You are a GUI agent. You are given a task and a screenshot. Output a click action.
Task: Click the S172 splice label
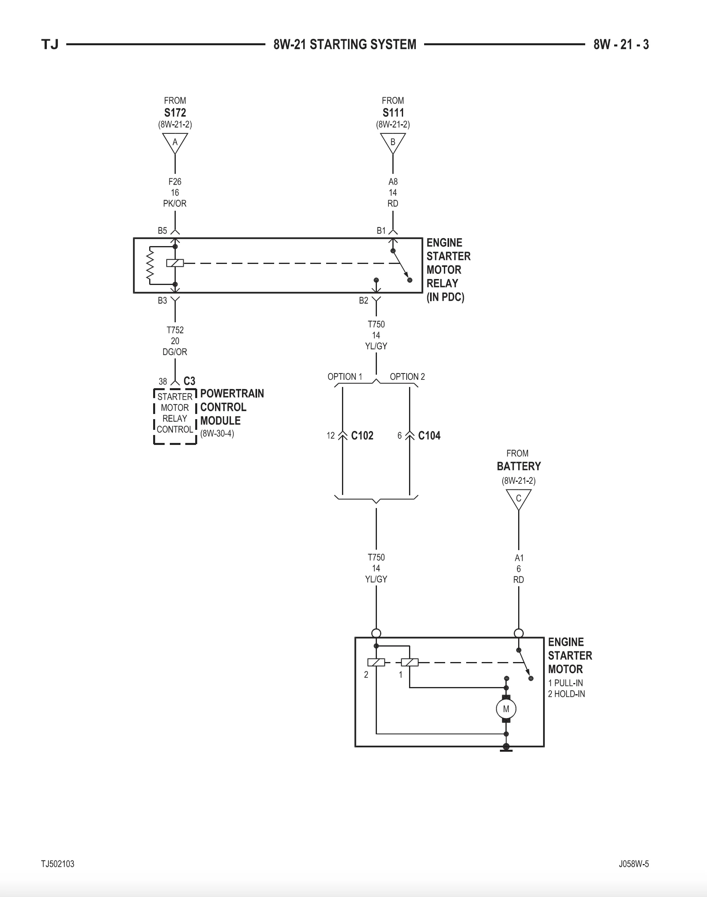(175, 113)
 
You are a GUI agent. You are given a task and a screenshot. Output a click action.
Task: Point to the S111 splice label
(393, 113)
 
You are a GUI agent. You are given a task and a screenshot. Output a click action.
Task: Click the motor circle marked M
(506, 708)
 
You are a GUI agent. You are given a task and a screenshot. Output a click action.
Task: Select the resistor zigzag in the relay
(150, 266)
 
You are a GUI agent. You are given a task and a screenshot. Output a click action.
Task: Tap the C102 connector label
(362, 436)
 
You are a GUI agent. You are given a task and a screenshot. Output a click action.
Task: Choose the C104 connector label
(429, 436)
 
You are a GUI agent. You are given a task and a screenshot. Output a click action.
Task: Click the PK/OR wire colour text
(175, 203)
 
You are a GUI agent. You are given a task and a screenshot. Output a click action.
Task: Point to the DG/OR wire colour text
(175, 352)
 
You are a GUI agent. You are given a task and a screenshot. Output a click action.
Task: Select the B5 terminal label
(162, 231)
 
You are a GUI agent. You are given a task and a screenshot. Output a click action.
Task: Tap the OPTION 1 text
(345, 376)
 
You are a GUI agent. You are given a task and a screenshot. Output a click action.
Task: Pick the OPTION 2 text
(407, 376)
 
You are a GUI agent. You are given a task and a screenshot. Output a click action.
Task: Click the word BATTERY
(519, 466)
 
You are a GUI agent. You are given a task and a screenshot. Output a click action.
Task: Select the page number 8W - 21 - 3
(621, 44)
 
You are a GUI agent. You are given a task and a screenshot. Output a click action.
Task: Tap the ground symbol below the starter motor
(506, 747)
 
